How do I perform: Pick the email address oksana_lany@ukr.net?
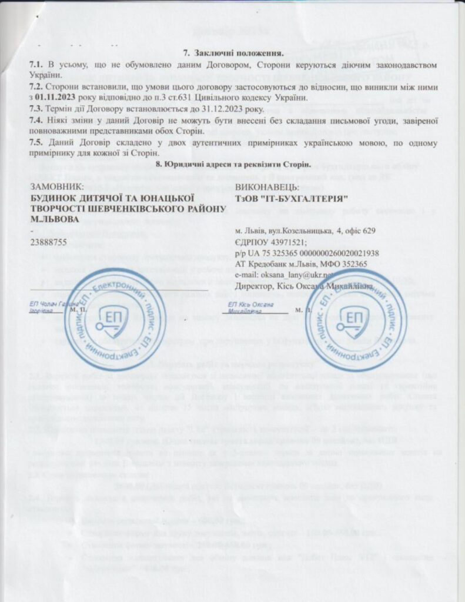tap(299, 275)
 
